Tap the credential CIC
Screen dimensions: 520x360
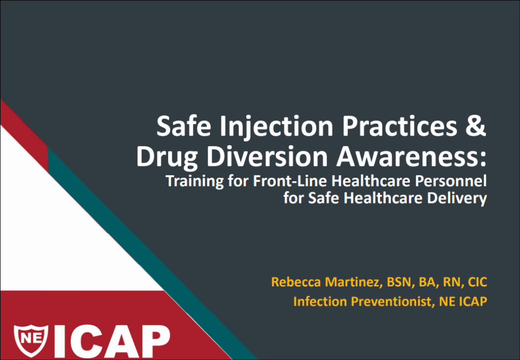[477, 282]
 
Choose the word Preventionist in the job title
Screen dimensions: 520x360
[393, 301]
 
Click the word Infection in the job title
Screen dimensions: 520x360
[320, 301]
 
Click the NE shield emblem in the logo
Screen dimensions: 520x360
[31, 340]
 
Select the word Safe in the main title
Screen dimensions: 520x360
[184, 126]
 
